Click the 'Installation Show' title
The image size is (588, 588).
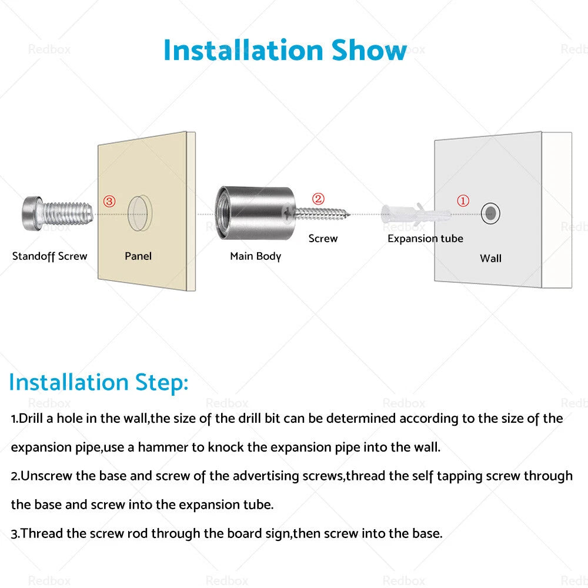(x=285, y=50)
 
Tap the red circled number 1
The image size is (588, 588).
(x=463, y=201)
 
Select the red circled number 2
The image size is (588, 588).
(x=318, y=199)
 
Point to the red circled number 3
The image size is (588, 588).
(x=109, y=201)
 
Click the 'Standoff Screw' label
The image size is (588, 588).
(x=49, y=256)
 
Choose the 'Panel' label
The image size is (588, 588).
(x=138, y=256)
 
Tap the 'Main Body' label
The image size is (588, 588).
(x=256, y=256)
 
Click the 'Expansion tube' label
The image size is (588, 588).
(x=425, y=239)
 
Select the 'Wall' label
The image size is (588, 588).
(x=490, y=258)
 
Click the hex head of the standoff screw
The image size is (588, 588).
(x=32, y=214)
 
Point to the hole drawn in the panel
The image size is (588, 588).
(x=139, y=213)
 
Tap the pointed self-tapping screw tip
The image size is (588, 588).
(x=349, y=215)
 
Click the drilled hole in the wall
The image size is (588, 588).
(x=490, y=214)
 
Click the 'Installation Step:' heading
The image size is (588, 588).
(x=98, y=383)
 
